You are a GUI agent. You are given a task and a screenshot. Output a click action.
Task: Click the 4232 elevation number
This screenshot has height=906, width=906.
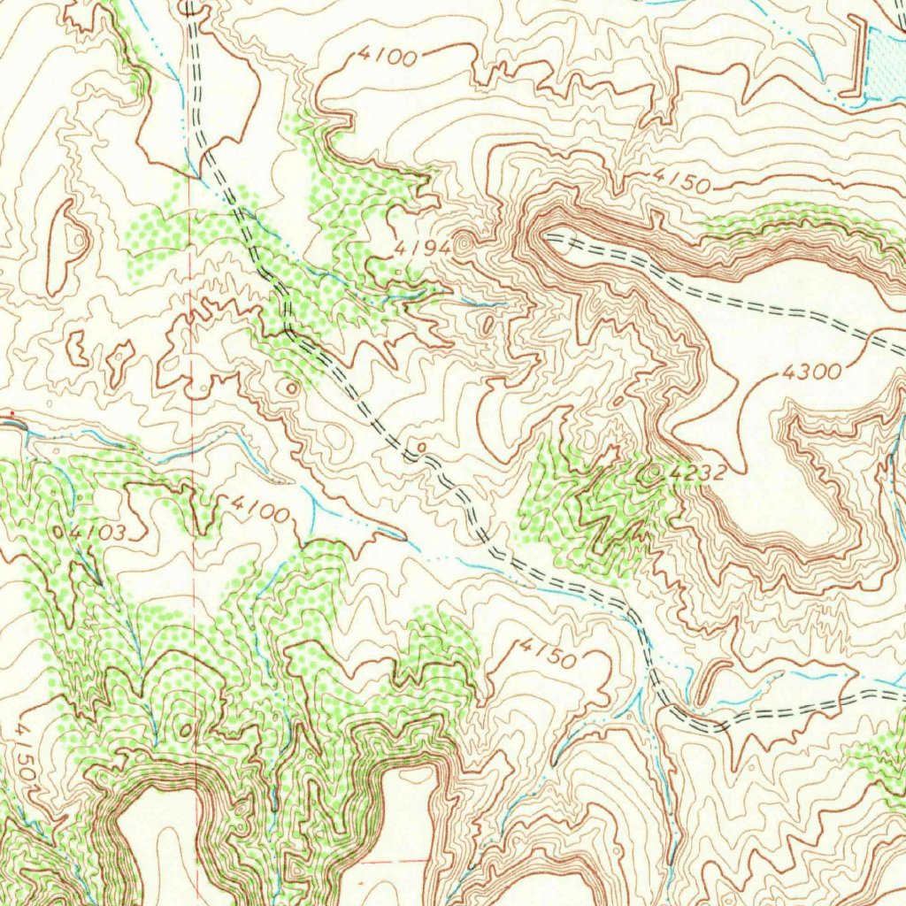[x=698, y=473]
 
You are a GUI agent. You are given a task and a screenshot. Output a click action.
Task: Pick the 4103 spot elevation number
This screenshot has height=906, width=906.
[x=102, y=533]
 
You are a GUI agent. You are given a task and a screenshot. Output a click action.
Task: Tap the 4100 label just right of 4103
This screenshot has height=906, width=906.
[x=259, y=509]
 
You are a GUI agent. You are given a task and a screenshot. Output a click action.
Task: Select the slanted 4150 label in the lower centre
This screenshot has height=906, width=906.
[x=548, y=653]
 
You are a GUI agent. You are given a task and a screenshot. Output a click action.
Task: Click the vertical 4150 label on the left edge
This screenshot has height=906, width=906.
[x=27, y=750]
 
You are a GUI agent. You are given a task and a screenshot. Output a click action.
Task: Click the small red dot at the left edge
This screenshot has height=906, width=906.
[x=12, y=413]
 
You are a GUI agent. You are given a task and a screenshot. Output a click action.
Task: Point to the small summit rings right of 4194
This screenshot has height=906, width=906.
[x=465, y=241]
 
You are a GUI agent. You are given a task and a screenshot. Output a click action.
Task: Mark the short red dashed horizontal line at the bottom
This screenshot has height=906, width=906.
[x=389, y=859]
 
